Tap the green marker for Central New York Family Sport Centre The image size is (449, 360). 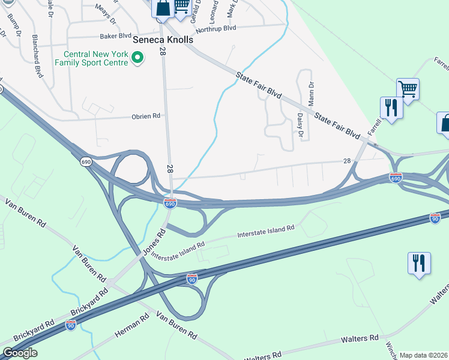pos(137,58)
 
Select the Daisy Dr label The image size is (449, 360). pos(300,124)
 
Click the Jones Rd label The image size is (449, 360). pos(153,243)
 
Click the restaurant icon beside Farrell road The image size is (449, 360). pos(391,108)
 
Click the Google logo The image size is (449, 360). pos(19,353)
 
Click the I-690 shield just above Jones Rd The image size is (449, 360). pos(170,204)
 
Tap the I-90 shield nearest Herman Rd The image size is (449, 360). pos(71,325)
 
